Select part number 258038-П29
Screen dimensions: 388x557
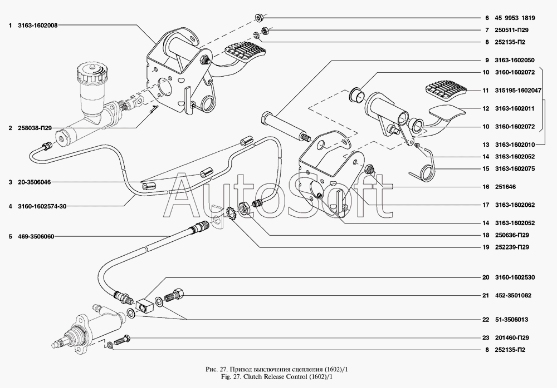click(35, 128)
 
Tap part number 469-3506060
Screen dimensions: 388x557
click(38, 237)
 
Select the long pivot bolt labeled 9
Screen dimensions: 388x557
click(284, 125)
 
